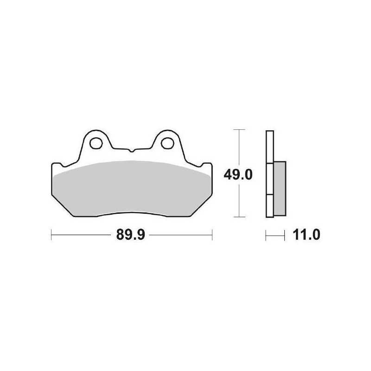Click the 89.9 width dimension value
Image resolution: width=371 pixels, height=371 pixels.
131,235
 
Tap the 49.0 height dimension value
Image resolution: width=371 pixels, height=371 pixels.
239,175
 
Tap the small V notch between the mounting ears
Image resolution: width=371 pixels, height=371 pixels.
131,150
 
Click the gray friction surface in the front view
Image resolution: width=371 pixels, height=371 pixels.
131,188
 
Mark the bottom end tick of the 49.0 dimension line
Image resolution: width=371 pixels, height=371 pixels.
238,217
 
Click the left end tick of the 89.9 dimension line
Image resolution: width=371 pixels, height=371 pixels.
51,235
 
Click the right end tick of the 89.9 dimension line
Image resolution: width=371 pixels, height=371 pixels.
212,235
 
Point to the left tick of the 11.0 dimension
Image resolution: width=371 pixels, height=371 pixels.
266,235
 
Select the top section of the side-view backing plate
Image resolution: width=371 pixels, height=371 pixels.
270,146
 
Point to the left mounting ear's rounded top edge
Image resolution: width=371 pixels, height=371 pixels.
97,131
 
